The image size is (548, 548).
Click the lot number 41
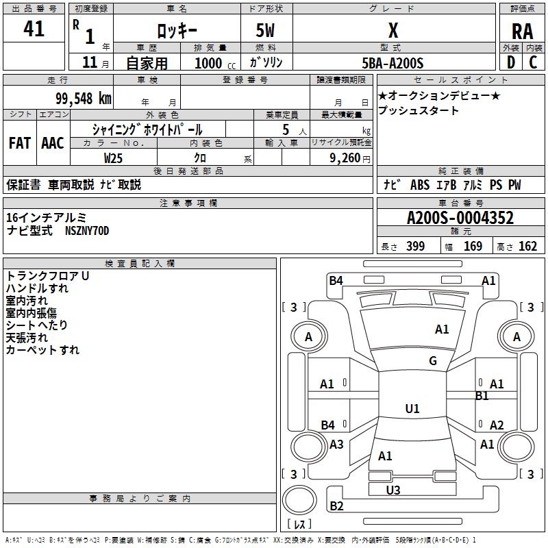tap(34, 29)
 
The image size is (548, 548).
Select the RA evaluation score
tap(522, 31)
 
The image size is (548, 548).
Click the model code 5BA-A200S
tap(393, 63)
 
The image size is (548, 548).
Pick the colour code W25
tap(114, 158)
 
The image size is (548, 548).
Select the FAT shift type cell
tap(19, 143)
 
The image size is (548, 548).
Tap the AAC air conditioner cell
tap(52, 143)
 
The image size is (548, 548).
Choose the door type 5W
tap(266, 30)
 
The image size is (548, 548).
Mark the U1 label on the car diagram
tap(412, 409)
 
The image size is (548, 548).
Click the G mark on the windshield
tap(433, 361)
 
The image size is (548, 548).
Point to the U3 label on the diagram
tap(393, 490)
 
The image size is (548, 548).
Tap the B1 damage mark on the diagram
tap(482, 396)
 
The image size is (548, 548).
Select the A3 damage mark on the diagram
tap(336, 445)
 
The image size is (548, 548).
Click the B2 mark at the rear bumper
tap(336, 506)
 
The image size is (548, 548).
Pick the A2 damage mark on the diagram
tap(497, 425)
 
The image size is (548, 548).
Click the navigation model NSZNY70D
tap(86, 231)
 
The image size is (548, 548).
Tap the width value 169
tap(473, 246)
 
